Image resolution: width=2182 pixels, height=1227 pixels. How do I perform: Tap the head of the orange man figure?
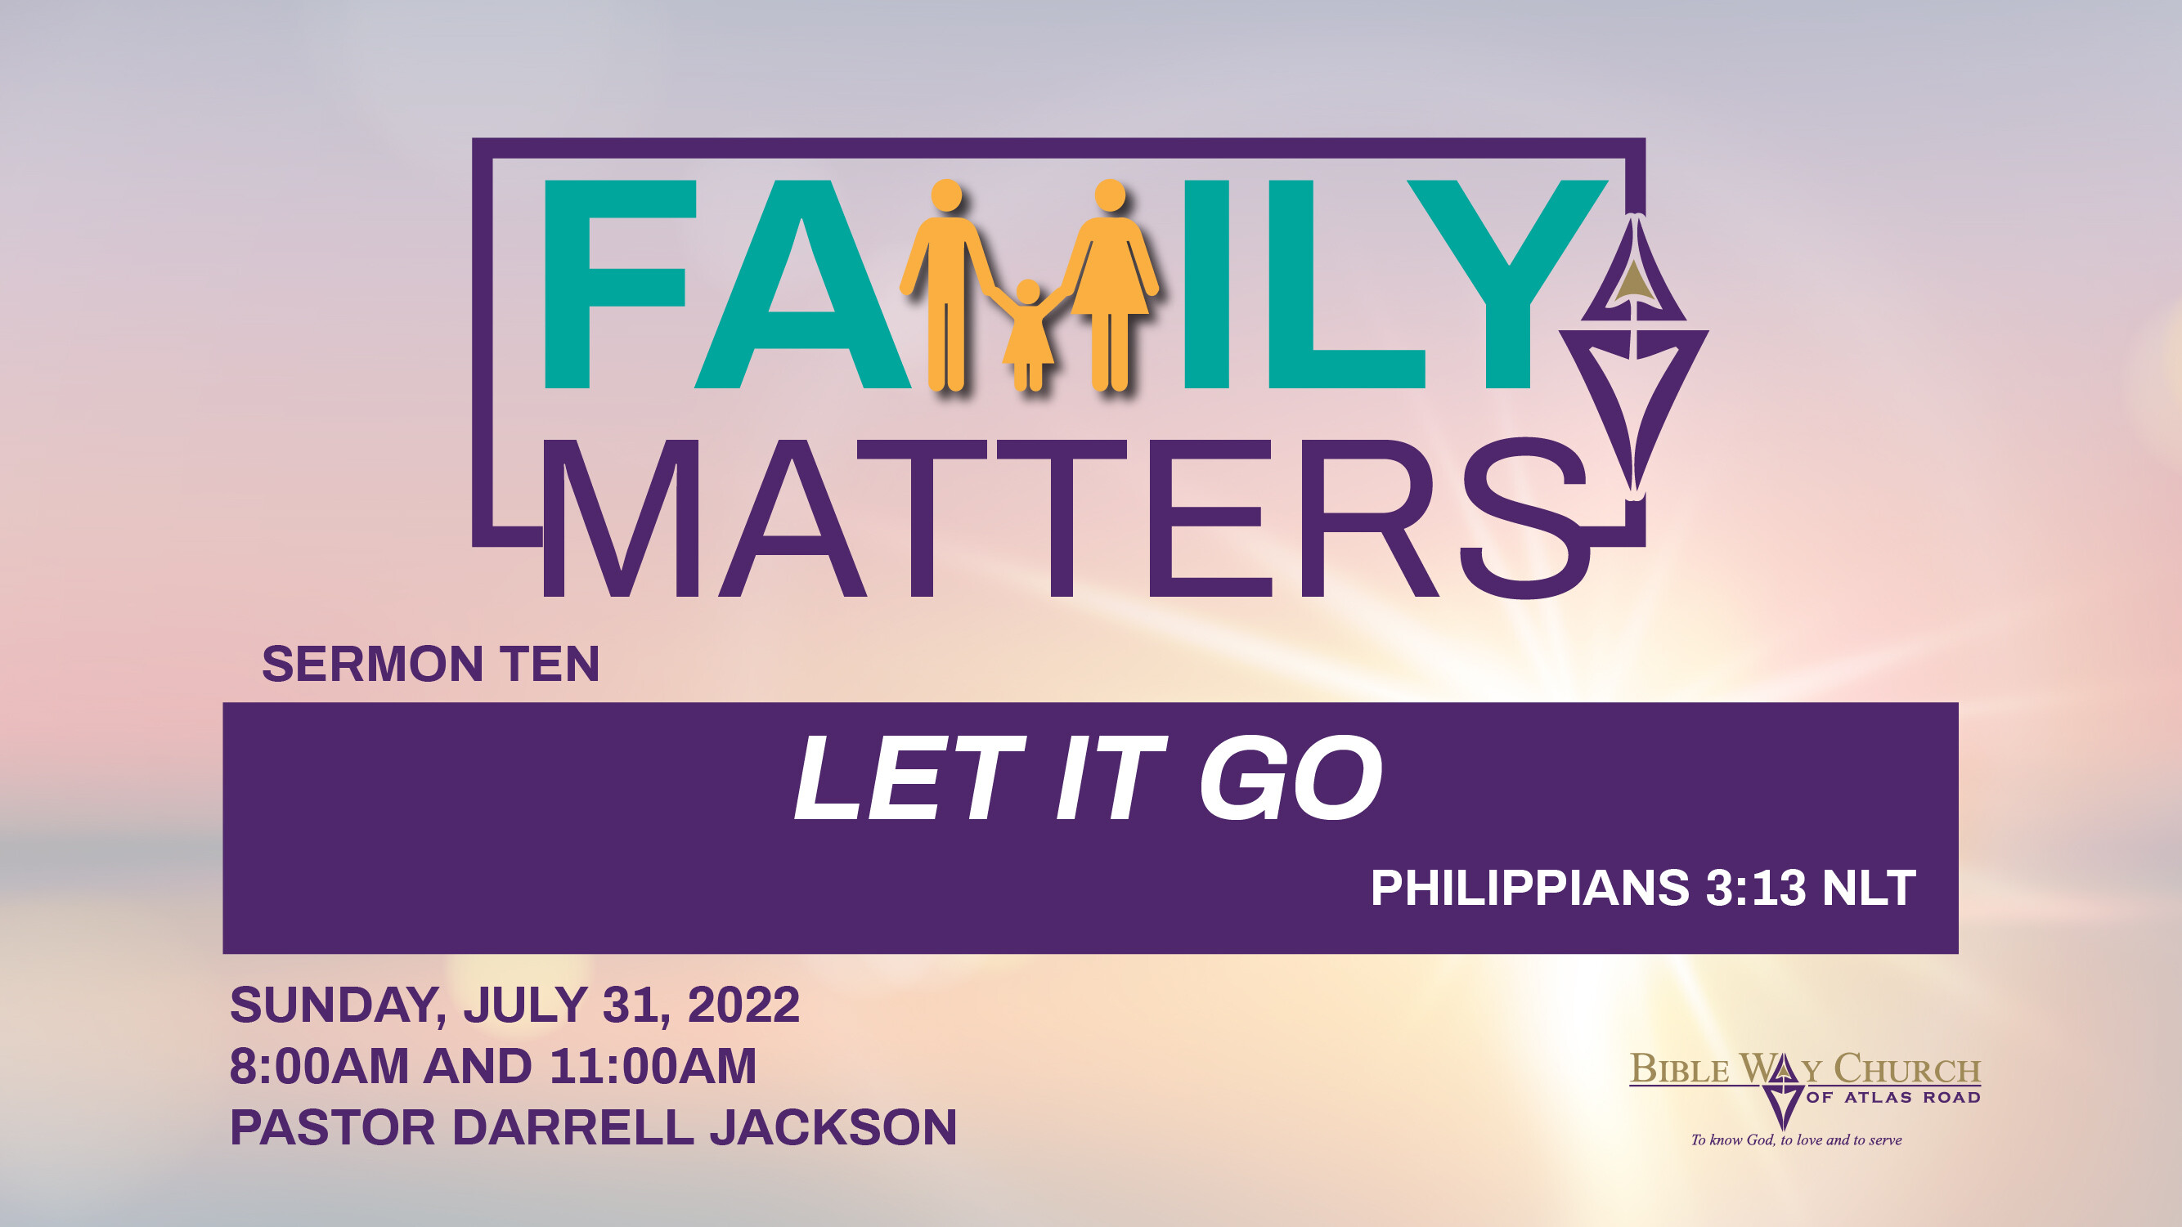point(946,195)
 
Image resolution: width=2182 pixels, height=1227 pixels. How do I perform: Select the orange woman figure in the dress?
point(1110,280)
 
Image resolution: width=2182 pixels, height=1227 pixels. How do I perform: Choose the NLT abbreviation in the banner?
point(1869,889)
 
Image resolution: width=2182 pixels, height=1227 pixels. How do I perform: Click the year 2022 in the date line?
point(743,1005)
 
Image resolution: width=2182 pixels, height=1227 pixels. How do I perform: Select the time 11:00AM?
point(653,1066)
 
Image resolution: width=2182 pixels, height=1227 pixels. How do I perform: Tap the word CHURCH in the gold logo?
point(1906,1069)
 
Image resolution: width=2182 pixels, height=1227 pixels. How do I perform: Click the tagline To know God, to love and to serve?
point(1796,1140)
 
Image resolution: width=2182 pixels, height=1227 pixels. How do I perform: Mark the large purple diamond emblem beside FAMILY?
point(1635,356)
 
